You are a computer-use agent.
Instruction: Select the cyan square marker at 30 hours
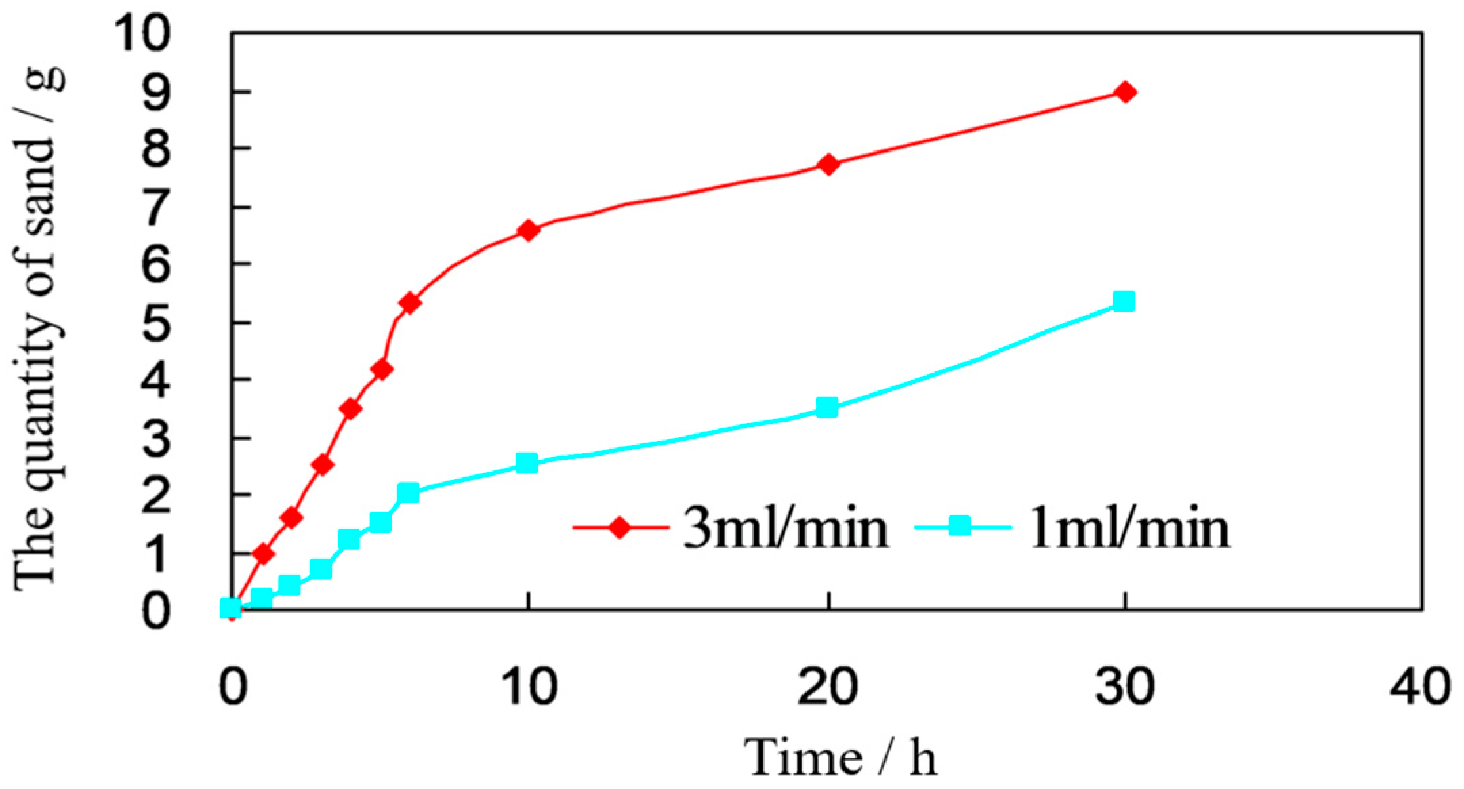pos(1124,302)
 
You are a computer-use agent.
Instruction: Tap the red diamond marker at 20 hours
pos(828,164)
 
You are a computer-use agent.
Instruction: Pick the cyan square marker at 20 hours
pos(827,407)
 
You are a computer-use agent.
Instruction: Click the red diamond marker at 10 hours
pos(529,230)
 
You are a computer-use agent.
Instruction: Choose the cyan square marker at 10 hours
pos(527,464)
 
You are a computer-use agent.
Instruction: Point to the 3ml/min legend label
pos(785,529)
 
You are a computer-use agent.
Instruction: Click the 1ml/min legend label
pos(1126,529)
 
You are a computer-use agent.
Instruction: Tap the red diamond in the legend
pos(619,527)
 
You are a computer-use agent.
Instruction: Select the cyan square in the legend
pos(958,527)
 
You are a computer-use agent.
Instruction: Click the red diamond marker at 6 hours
pos(410,302)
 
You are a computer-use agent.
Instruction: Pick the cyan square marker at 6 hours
pos(408,493)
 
